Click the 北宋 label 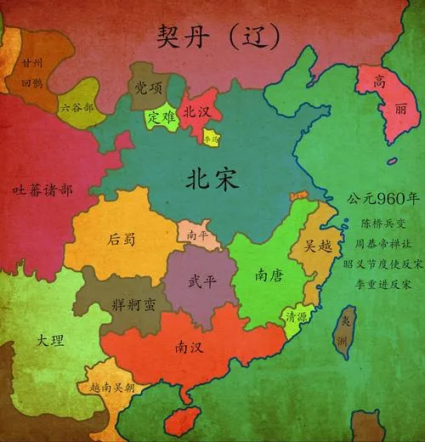coord(213,179)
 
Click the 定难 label coord(161,116)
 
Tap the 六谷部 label coord(76,107)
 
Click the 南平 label coord(198,234)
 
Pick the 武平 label coord(201,281)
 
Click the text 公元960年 coord(382,200)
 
